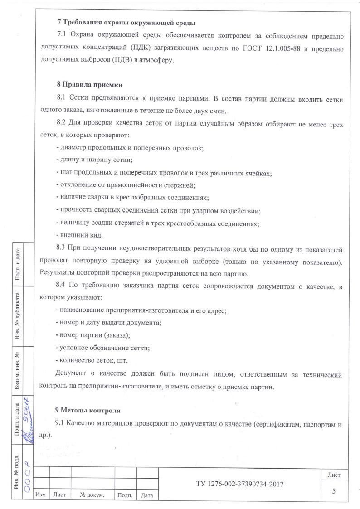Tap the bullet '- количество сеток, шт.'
[x=91, y=360]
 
